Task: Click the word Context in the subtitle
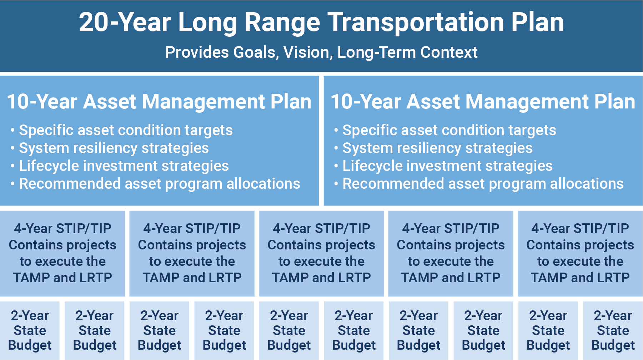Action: [449, 52]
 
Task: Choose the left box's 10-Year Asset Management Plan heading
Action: [159, 101]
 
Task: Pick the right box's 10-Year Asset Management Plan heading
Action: [483, 101]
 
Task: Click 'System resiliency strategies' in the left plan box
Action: [114, 148]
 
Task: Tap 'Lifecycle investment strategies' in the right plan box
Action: [448, 166]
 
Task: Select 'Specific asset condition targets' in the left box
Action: [126, 131]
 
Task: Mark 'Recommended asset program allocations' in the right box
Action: [483, 184]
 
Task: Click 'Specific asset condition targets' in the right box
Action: [449, 131]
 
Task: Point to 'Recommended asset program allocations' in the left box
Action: [160, 184]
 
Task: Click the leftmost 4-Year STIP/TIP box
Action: [62, 253]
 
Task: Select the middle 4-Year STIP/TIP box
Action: [321, 253]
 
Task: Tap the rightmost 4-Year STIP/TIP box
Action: [580, 253]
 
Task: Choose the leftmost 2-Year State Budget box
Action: [30, 330]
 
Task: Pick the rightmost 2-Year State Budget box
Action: [613, 330]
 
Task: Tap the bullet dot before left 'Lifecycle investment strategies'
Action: [13, 166]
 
